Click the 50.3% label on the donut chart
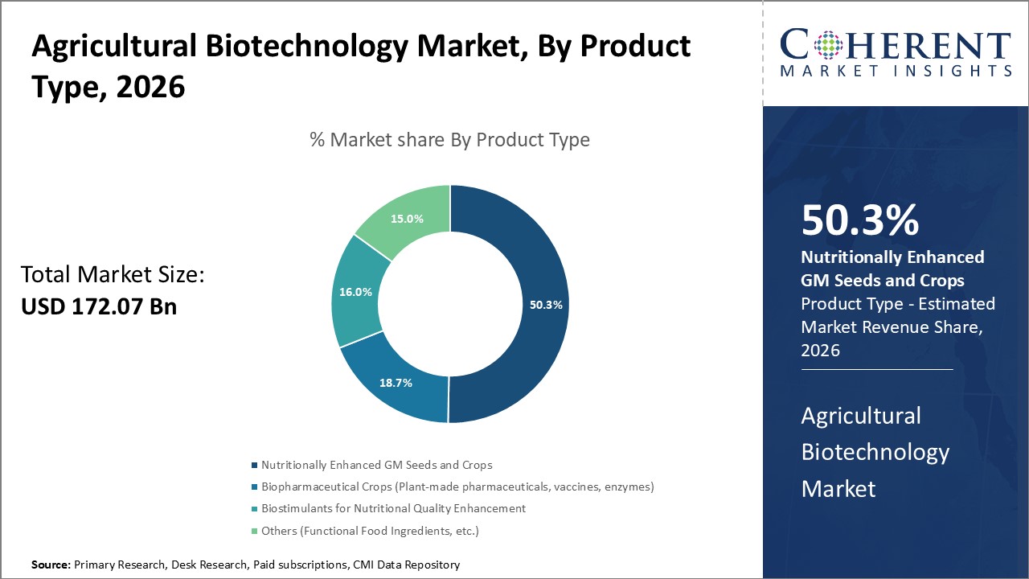[x=546, y=305]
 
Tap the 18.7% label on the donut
[x=396, y=383]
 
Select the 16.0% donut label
[x=355, y=292]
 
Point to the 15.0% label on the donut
[x=408, y=219]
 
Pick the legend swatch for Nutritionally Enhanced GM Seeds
[x=255, y=465]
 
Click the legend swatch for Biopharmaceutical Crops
[x=255, y=487]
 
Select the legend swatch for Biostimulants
[x=255, y=508]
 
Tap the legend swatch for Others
[x=255, y=531]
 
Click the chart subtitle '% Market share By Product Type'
[x=449, y=140]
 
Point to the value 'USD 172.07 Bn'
[x=99, y=306]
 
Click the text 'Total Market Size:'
[x=113, y=275]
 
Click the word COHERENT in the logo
[x=896, y=46]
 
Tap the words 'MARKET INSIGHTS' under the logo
[x=896, y=71]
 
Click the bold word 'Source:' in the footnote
[x=51, y=565]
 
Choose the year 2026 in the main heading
[x=150, y=87]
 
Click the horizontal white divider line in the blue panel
[x=877, y=370]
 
